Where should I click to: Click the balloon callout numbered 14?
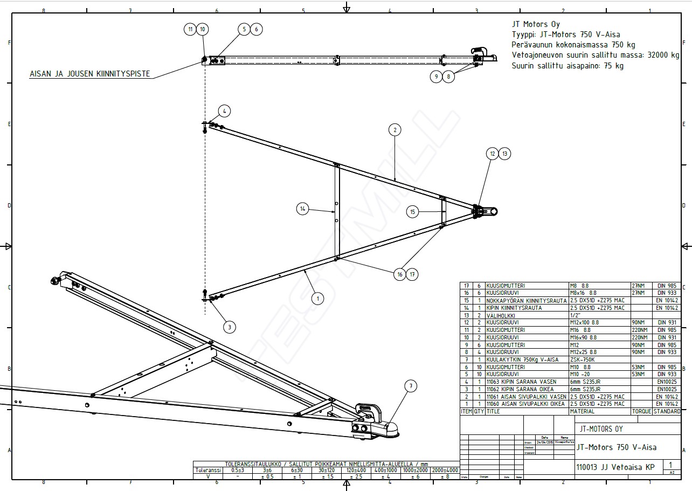pos(303,209)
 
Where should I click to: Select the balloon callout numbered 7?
pos(411,386)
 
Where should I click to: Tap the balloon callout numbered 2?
pos(395,129)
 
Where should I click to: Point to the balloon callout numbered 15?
pos(412,212)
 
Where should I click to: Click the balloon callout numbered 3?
pos(229,327)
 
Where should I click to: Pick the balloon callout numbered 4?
pos(224,112)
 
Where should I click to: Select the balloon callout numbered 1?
pos(317,298)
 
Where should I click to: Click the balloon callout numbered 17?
pos(412,274)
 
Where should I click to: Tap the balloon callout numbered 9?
pos(436,77)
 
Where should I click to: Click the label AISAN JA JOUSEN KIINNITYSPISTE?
pos(89,74)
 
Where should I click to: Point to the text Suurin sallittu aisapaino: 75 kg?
pos(567,66)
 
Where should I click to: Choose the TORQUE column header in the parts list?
pos(641,411)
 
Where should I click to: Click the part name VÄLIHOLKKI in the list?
pos(501,315)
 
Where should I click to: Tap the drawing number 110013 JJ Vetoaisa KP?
pos(615,467)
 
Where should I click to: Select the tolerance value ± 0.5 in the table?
pos(267,476)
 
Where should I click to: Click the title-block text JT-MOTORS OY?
pos(600,429)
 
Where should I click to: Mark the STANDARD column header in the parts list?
pos(667,411)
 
